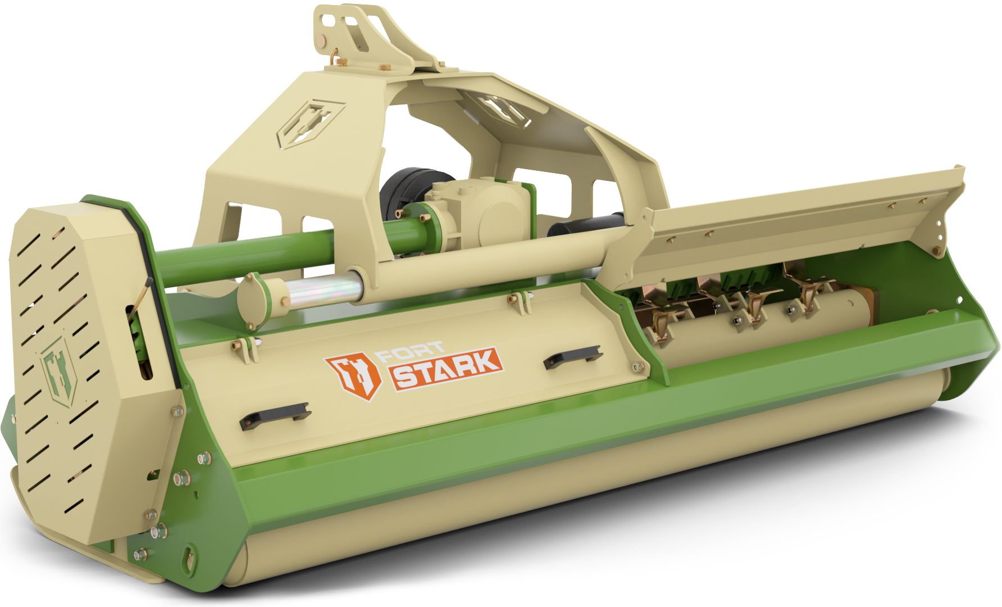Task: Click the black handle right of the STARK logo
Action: (572, 357)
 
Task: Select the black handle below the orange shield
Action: (275, 415)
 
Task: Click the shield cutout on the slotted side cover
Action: (58, 371)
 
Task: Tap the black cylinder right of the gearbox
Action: (584, 223)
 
